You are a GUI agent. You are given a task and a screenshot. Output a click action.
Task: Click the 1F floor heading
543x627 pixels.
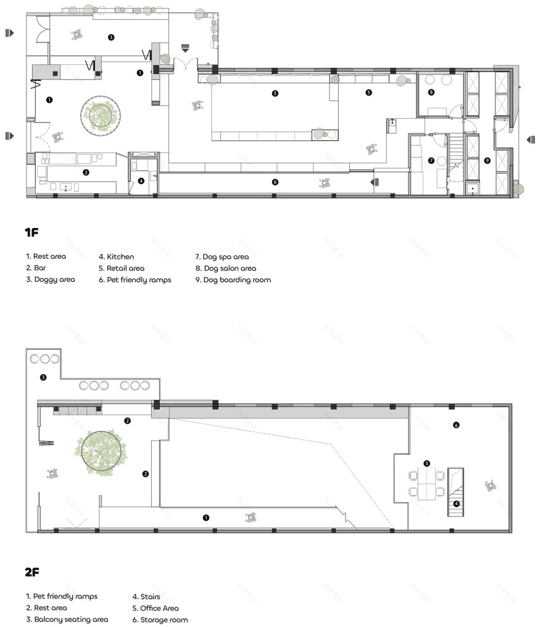(x=31, y=232)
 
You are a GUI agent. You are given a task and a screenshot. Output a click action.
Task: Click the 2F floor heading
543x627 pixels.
(x=32, y=572)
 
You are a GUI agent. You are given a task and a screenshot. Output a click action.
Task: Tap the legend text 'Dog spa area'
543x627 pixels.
(x=222, y=257)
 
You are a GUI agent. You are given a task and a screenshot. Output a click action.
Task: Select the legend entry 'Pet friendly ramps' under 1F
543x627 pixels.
(x=135, y=280)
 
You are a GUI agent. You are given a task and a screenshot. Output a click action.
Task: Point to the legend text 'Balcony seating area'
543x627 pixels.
(x=67, y=620)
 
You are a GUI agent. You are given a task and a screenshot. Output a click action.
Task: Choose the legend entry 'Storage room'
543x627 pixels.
(x=160, y=620)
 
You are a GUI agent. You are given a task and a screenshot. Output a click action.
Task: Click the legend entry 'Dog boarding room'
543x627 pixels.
(x=233, y=280)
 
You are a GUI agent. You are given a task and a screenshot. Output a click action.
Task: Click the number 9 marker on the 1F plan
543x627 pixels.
(x=487, y=161)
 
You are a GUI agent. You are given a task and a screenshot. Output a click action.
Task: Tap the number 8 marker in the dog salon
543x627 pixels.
(x=431, y=92)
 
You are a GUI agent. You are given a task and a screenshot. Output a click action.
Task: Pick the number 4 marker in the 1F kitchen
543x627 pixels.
(x=141, y=181)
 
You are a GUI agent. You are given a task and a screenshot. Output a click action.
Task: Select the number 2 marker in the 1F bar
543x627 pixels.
(x=86, y=172)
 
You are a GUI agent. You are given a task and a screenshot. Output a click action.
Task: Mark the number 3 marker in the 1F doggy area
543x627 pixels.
(x=111, y=37)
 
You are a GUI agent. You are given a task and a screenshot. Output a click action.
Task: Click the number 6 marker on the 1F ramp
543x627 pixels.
(x=275, y=182)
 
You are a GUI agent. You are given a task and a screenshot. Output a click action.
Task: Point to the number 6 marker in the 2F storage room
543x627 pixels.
(x=456, y=425)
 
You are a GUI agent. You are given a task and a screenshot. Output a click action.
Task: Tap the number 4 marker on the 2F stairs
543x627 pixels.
(x=456, y=504)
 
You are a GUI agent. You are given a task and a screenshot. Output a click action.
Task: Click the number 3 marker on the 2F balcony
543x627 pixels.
(x=43, y=377)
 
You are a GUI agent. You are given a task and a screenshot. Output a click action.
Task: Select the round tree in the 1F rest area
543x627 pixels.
(x=101, y=116)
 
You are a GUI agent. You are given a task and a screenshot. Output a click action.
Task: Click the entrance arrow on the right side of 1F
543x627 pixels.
(x=531, y=140)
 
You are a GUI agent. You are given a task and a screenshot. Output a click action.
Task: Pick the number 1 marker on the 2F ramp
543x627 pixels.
(x=205, y=518)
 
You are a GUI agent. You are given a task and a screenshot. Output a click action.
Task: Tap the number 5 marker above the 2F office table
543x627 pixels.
(x=427, y=463)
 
